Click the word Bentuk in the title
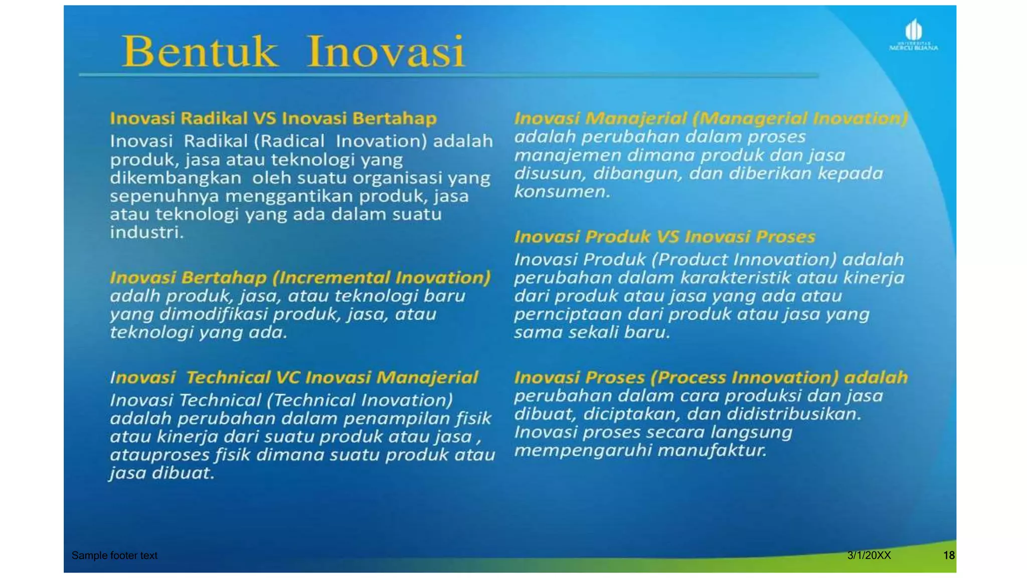pyautogui.click(x=200, y=52)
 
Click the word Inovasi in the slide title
pyautogui.click(x=385, y=52)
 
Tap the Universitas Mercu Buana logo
pyautogui.click(x=913, y=35)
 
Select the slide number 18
pyautogui.click(x=948, y=555)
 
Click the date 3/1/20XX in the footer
pyautogui.click(x=869, y=555)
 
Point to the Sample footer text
pyautogui.click(x=114, y=555)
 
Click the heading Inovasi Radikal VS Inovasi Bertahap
pyautogui.click(x=273, y=118)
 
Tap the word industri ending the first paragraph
pyautogui.click(x=146, y=232)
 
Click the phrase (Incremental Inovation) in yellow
pyautogui.click(x=381, y=277)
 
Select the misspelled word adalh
pyautogui.click(x=134, y=296)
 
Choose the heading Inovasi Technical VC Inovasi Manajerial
pyautogui.click(x=294, y=377)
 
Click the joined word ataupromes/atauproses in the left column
pyautogui.click(x=159, y=455)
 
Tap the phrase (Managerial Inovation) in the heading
pyautogui.click(x=800, y=118)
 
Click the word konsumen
pyautogui.click(x=561, y=192)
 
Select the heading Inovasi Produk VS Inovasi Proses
pyautogui.click(x=664, y=237)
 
